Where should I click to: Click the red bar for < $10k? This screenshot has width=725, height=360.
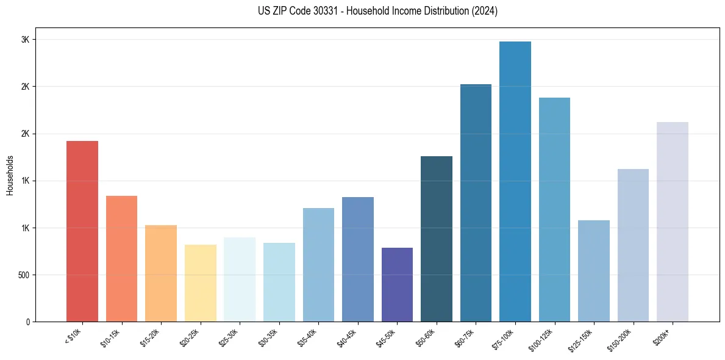click(x=82, y=231)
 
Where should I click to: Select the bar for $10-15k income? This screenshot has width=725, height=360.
click(x=121, y=259)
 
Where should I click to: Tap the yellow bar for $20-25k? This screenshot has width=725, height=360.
click(x=200, y=283)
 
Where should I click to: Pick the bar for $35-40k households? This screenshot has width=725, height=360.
click(x=318, y=265)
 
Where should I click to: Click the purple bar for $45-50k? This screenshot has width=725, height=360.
click(x=397, y=284)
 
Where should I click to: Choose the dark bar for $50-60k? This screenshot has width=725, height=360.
click(x=437, y=239)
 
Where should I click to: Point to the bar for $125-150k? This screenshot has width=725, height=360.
click(x=594, y=271)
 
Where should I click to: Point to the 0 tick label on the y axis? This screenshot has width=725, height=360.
click(x=27, y=322)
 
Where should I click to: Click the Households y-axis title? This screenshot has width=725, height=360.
click(x=10, y=175)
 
